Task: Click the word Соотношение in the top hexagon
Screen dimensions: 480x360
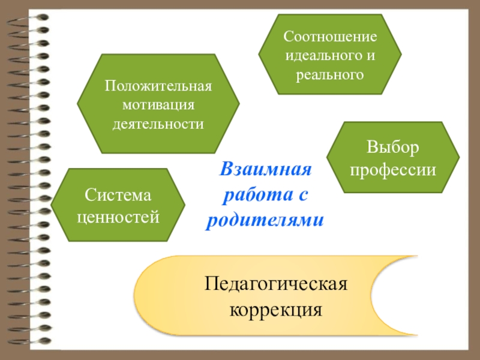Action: point(331,37)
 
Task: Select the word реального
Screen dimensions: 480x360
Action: point(331,75)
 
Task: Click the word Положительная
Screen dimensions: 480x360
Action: point(158,86)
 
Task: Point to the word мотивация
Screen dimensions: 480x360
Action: point(158,105)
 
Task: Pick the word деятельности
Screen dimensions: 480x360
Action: point(158,124)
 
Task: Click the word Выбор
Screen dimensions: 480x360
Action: point(393,148)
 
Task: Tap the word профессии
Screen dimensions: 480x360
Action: point(393,169)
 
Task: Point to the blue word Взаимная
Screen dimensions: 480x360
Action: point(266,169)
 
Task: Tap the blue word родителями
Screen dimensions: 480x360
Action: point(266,220)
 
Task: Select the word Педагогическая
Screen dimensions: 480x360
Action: point(275,283)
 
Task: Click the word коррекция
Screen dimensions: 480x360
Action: point(275,311)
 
